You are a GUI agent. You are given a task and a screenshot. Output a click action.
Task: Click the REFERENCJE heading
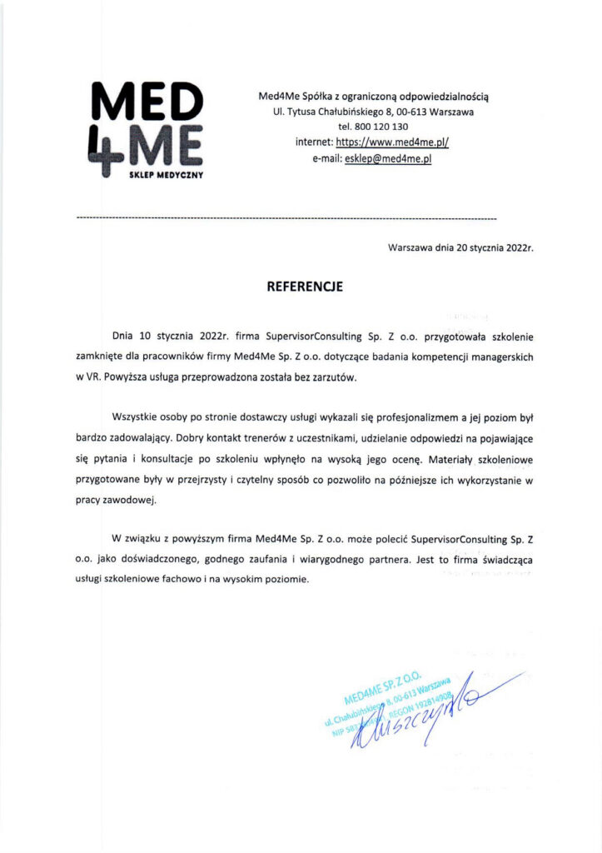click(x=304, y=287)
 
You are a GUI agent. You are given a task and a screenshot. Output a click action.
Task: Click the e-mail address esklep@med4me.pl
click(x=388, y=158)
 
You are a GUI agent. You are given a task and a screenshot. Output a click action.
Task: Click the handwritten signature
click(x=416, y=719)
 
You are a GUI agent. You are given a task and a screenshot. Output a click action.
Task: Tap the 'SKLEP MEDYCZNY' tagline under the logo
click(x=167, y=175)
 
